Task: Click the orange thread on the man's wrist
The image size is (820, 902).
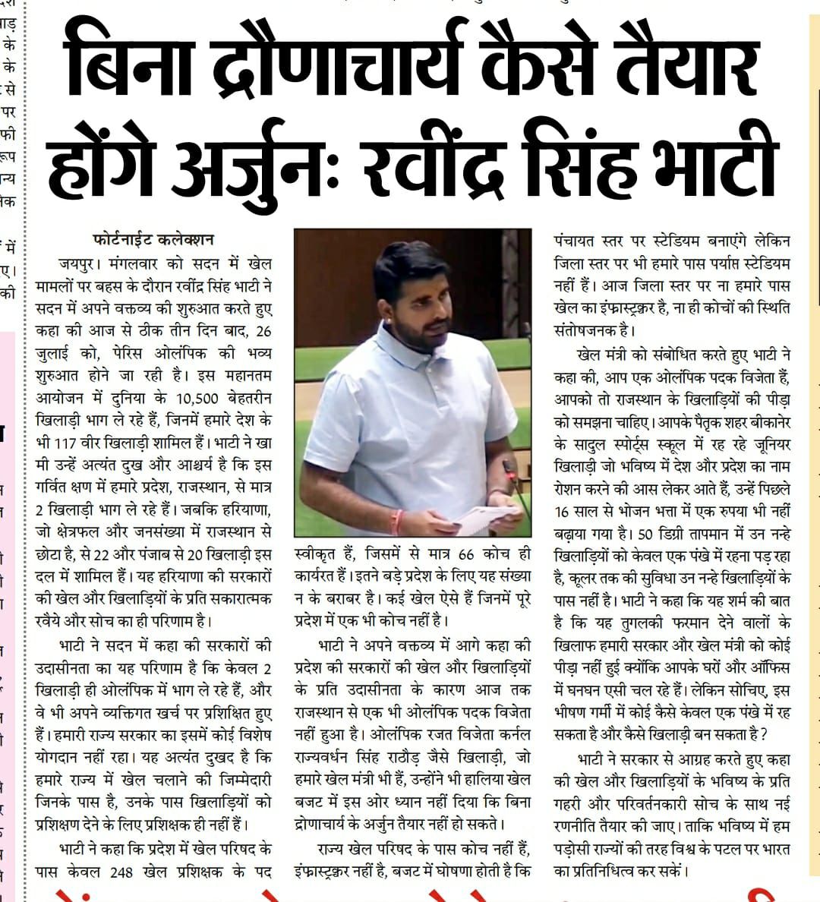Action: [396, 522]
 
